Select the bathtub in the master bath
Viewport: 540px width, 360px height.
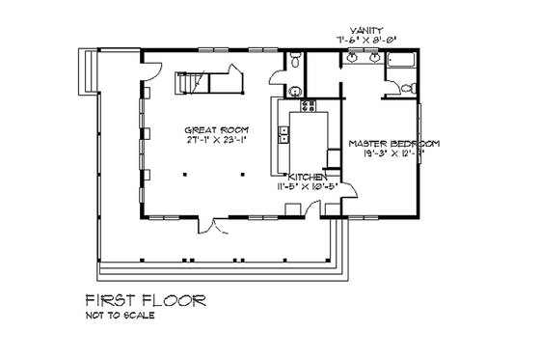(x=399, y=67)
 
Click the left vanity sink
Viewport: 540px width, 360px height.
(x=351, y=60)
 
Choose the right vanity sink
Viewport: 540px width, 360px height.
(x=371, y=60)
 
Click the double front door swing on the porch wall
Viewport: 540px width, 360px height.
(x=222, y=228)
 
